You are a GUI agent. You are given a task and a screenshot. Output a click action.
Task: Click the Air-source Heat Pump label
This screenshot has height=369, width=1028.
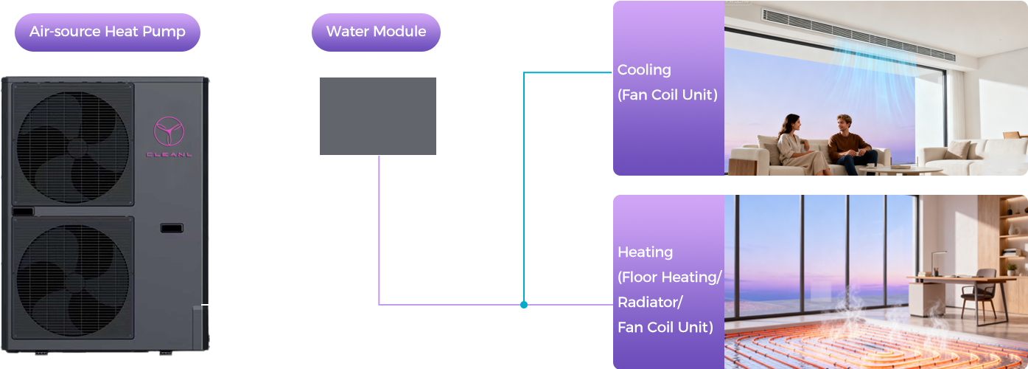click(108, 32)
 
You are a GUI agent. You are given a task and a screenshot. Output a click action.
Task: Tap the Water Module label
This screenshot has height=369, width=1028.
click(376, 32)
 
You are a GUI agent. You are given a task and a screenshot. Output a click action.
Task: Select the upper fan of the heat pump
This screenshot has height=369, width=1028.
click(72, 143)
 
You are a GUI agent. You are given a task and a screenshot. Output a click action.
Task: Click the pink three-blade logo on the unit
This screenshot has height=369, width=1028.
click(169, 132)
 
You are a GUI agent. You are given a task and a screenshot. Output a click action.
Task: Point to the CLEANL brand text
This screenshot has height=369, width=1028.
click(169, 154)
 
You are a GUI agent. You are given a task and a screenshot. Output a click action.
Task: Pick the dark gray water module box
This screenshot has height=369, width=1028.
click(377, 116)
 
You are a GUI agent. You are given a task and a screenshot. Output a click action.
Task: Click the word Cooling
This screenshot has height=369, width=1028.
click(644, 70)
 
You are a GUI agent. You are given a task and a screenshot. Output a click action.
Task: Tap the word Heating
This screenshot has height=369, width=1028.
click(645, 252)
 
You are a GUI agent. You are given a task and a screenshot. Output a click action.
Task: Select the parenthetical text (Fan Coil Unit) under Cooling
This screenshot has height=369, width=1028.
click(668, 95)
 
